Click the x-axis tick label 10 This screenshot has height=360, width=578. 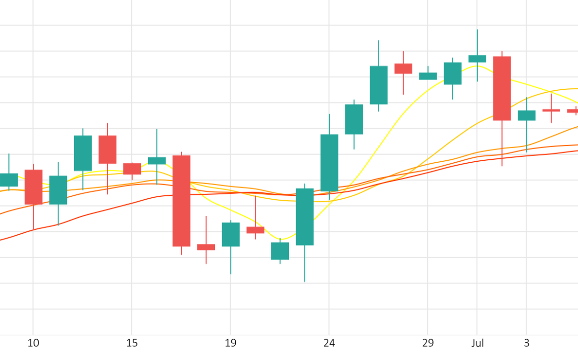point(33,343)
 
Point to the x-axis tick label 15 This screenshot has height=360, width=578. point(132,343)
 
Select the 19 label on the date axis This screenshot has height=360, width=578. point(230,343)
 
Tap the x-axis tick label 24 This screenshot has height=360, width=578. point(329,343)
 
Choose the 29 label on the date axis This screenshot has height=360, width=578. point(428,343)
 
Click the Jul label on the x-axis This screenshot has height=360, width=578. point(477,343)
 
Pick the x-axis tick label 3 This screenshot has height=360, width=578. point(526,343)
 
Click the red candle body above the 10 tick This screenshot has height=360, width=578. point(33,187)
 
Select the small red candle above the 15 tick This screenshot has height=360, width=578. point(132,168)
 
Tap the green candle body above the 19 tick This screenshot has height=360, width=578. point(231,234)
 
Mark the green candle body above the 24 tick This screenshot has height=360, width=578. point(329,163)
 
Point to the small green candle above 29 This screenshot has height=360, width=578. point(428,76)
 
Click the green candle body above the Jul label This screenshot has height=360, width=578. point(477,59)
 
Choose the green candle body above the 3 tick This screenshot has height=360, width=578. point(526,116)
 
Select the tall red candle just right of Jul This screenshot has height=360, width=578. point(502,88)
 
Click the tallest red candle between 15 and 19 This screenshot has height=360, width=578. point(181,201)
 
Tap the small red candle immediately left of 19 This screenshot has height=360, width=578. point(206,247)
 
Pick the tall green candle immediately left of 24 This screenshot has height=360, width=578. point(305,217)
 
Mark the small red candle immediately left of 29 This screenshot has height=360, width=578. point(403,68)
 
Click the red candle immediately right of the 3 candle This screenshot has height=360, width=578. point(551,110)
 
